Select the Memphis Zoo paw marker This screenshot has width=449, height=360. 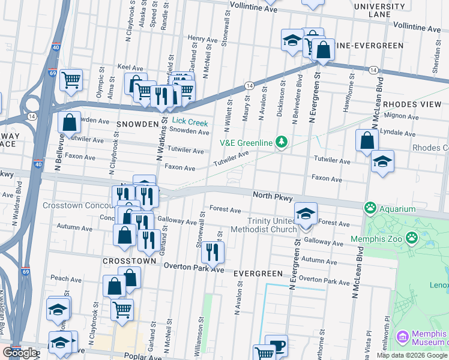(x=411, y=238)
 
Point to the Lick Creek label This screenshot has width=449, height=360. (x=190, y=123)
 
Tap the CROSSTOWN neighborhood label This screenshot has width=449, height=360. (x=130, y=261)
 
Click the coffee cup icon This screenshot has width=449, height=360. (x=276, y=345)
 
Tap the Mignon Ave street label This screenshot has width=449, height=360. (x=396, y=115)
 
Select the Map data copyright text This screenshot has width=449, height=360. (x=412, y=355)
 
